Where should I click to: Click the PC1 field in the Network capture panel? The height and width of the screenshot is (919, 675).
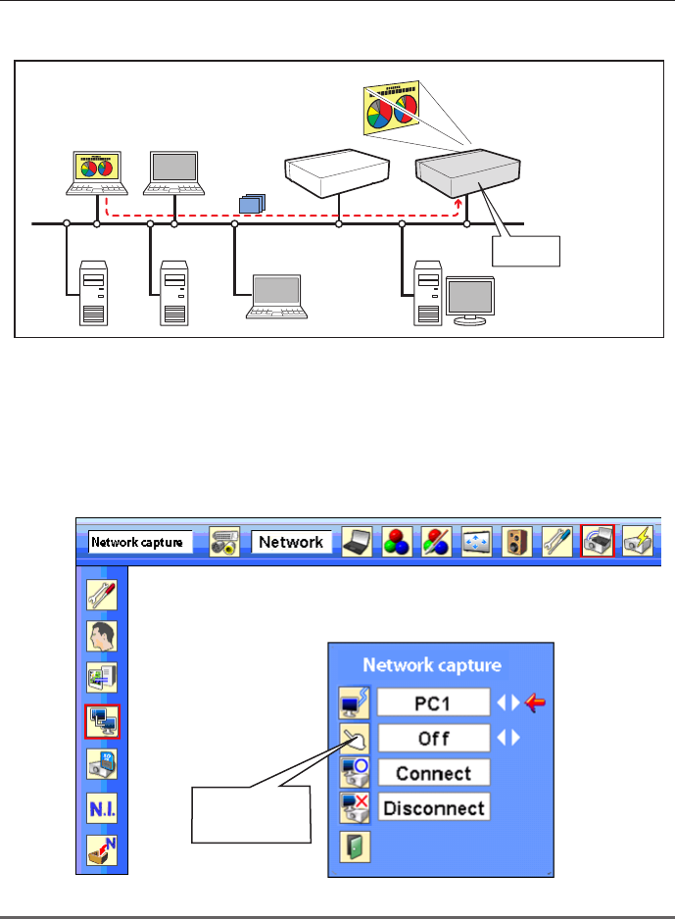coord(433,701)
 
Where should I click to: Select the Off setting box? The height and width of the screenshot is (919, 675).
coord(433,737)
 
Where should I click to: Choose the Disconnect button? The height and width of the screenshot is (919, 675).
coord(433,808)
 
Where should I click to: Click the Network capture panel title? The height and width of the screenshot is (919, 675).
coord(432,665)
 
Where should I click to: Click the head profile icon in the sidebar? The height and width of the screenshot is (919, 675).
coord(102,636)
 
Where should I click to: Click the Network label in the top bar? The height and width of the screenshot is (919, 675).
coord(291,542)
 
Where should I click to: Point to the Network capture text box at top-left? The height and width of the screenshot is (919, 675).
coord(140,542)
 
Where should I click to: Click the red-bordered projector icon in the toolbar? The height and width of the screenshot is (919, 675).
coord(597,541)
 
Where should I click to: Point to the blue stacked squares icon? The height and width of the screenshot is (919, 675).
coord(251,204)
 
